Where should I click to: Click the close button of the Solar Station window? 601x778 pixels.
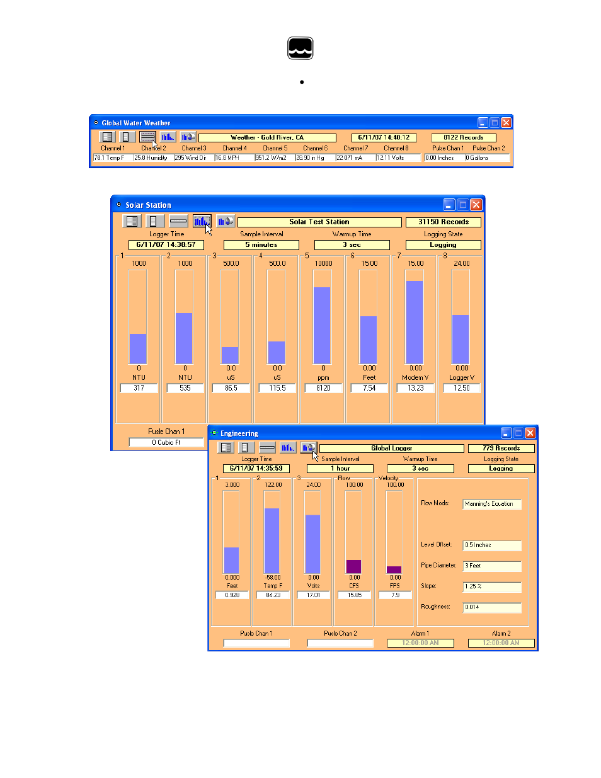click(476, 205)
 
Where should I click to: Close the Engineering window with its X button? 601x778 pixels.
click(530, 433)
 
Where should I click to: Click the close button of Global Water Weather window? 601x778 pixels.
click(506, 123)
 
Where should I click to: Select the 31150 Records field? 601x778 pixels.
click(444, 222)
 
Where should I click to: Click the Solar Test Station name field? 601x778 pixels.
click(319, 222)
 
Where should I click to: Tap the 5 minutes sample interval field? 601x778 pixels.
click(261, 245)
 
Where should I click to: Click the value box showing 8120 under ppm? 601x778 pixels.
click(323, 389)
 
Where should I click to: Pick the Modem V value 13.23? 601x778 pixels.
click(416, 389)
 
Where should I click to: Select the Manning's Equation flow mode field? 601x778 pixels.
click(491, 504)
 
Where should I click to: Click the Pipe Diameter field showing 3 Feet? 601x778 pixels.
click(491, 566)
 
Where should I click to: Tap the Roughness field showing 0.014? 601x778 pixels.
click(491, 607)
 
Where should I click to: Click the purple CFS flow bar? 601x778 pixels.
click(354, 566)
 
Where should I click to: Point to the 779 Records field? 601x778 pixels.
click(501, 449)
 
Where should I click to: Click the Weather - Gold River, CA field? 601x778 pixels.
click(267, 137)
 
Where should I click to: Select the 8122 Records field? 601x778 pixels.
click(463, 137)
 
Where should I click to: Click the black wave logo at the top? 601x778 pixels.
click(300, 49)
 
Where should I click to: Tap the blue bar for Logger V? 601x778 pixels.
click(461, 340)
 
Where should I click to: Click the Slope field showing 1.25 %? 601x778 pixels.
click(491, 586)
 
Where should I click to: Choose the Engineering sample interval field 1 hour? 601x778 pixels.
click(340, 469)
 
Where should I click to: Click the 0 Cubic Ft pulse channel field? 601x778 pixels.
click(166, 443)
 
